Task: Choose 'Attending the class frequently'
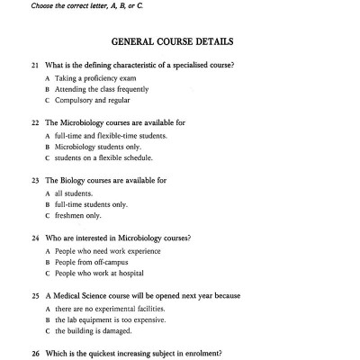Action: tap(102, 89)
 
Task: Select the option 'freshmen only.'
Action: tap(78, 215)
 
